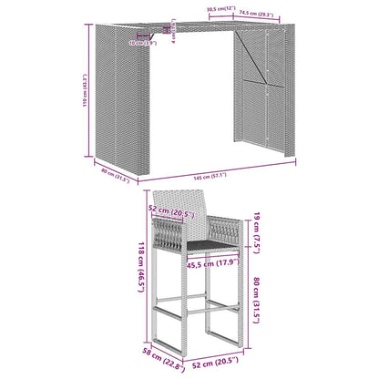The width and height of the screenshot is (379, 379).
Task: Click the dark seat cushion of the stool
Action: pos(203,245)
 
